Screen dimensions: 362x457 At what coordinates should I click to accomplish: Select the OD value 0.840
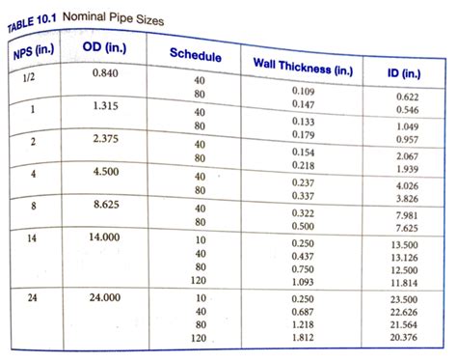coord(108,73)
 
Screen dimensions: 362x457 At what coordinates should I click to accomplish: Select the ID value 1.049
coord(407,127)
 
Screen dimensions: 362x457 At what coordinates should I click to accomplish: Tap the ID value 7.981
coord(406,215)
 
